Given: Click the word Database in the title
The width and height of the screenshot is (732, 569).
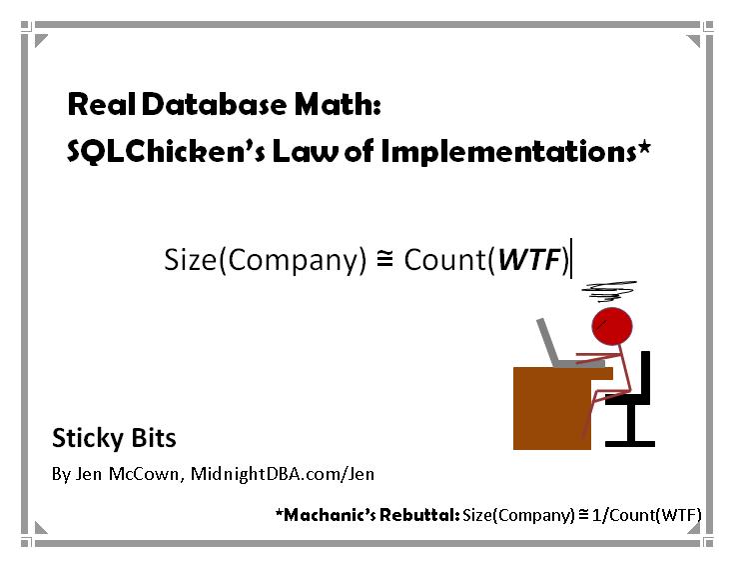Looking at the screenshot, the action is [x=214, y=104].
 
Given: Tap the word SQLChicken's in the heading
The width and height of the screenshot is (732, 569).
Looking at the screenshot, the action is [x=166, y=151].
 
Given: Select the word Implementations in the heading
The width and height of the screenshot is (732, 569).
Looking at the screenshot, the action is [x=508, y=152].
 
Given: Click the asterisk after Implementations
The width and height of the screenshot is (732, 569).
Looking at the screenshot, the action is [x=644, y=148].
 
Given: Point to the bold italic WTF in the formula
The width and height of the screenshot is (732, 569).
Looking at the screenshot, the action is [x=529, y=259].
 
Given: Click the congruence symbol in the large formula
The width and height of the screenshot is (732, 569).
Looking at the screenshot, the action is [x=385, y=259].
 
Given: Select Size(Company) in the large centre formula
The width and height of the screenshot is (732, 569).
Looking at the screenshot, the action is [x=266, y=260].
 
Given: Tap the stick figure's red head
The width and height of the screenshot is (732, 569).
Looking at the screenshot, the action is [x=611, y=326].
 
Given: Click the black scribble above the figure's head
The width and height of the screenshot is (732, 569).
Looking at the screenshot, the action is [x=609, y=291].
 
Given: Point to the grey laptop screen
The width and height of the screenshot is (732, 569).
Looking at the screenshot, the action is [x=547, y=342].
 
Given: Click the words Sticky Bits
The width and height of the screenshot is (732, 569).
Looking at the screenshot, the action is [x=114, y=439].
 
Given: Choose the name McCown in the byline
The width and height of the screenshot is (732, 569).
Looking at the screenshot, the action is [x=144, y=474].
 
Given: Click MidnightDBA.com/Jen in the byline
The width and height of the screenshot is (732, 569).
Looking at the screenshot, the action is [x=283, y=474].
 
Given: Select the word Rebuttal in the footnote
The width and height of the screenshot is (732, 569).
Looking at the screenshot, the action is [x=419, y=515].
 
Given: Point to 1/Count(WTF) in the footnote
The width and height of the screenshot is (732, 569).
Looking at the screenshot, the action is [x=646, y=515].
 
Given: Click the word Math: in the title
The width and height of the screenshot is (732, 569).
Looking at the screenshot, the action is [x=338, y=104].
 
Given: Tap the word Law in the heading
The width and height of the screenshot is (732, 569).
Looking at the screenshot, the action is [x=305, y=152].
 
